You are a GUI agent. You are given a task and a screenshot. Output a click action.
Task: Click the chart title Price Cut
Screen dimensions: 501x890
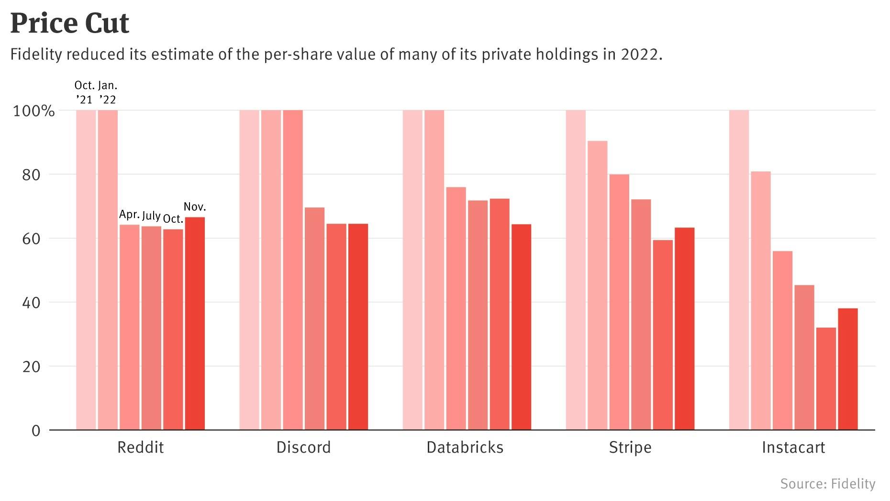(x=70, y=23)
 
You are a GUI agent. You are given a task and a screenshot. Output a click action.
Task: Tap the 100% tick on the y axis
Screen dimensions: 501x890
(x=34, y=111)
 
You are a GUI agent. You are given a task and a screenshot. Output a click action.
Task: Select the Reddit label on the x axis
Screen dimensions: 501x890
(x=140, y=447)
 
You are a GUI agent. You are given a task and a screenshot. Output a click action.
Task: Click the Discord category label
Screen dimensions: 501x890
(x=303, y=447)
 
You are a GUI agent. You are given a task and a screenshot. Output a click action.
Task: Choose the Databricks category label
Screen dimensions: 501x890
(x=465, y=447)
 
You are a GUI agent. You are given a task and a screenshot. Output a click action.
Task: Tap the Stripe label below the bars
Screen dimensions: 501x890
(x=630, y=447)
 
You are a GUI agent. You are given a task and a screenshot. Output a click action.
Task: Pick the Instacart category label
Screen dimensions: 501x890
(x=793, y=447)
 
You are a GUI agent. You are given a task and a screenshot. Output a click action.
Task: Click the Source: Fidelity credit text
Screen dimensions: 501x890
(x=827, y=484)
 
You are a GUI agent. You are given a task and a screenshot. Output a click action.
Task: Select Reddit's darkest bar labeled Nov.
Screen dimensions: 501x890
(x=195, y=323)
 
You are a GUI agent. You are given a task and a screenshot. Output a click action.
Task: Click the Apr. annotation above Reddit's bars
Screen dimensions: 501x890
(x=129, y=214)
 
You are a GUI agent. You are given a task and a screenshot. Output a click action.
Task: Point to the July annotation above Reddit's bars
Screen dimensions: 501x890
(x=151, y=216)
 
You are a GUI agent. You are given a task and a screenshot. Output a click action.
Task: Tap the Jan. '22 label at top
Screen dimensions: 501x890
(x=108, y=92)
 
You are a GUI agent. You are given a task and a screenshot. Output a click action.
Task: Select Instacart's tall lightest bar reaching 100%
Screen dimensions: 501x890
(x=739, y=270)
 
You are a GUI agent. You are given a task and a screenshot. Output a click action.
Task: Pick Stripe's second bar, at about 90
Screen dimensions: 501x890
(x=597, y=285)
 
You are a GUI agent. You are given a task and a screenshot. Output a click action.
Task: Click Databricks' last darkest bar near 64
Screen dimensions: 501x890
(x=521, y=327)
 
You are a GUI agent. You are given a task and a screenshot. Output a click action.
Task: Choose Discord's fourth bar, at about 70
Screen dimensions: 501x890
(x=314, y=319)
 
